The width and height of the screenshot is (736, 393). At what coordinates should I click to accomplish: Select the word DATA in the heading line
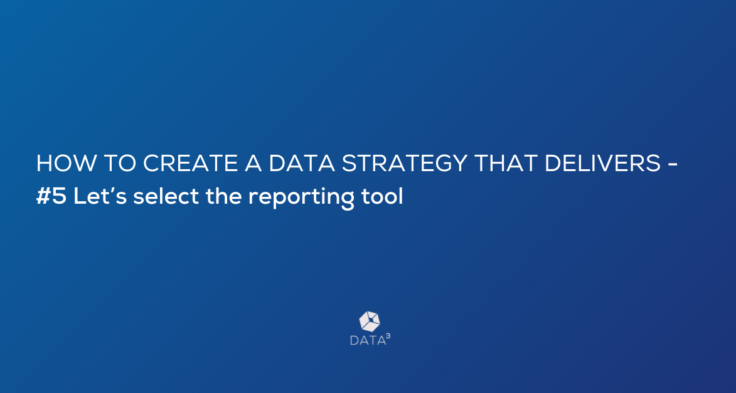301,163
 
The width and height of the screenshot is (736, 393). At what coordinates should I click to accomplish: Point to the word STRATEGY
404,163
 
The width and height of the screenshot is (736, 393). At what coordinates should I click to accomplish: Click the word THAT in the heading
506,163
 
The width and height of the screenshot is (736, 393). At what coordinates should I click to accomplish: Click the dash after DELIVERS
672,165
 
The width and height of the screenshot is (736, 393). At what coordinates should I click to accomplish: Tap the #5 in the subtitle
51,197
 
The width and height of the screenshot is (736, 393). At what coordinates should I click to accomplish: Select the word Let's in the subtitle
100,197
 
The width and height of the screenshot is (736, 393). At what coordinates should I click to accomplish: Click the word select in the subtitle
166,197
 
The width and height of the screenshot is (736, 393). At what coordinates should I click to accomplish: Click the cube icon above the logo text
370,322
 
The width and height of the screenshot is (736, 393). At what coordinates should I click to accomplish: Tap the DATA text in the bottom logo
368,340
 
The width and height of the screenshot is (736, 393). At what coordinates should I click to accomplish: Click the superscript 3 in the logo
388,336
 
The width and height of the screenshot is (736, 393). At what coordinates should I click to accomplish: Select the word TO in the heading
119,163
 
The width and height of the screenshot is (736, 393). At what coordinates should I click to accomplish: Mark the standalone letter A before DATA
253,163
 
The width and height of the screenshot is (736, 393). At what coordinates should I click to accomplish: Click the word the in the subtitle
223,197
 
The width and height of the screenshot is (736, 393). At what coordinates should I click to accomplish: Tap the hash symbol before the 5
43,197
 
